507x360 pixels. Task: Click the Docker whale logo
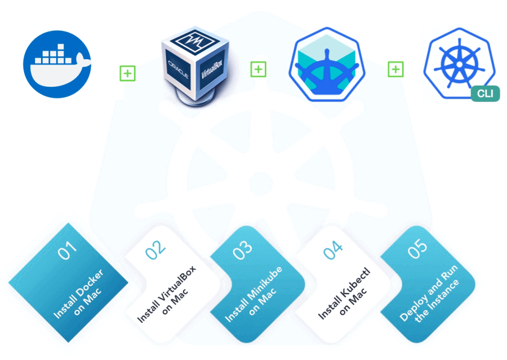tap(57, 64)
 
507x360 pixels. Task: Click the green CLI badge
tap(485, 94)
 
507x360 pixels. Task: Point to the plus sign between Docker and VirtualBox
tap(127, 73)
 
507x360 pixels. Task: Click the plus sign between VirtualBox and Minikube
tap(258, 69)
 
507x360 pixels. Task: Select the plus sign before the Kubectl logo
tap(396, 69)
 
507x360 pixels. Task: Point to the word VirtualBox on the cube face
tap(213, 67)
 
